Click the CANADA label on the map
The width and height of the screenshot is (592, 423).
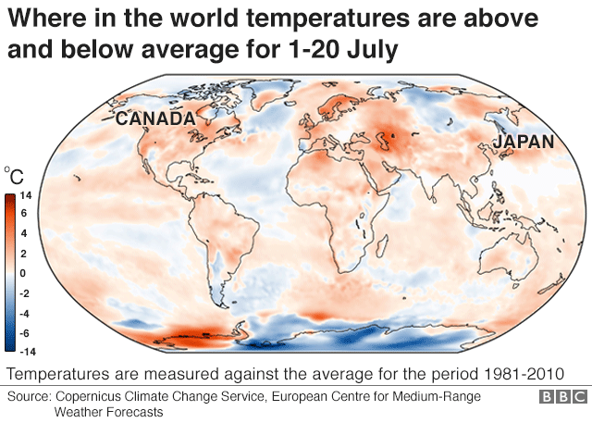tap(154, 118)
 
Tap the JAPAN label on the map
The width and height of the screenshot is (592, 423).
tap(523, 142)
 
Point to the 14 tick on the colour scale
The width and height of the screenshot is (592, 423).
tap(25, 196)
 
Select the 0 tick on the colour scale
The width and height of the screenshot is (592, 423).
tap(25, 273)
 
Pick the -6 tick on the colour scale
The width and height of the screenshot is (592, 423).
tap(25, 332)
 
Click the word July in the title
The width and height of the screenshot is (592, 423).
tap(370, 49)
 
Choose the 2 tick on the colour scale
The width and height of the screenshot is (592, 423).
tap(25, 254)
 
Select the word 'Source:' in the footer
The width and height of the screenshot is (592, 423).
tap(31, 396)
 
